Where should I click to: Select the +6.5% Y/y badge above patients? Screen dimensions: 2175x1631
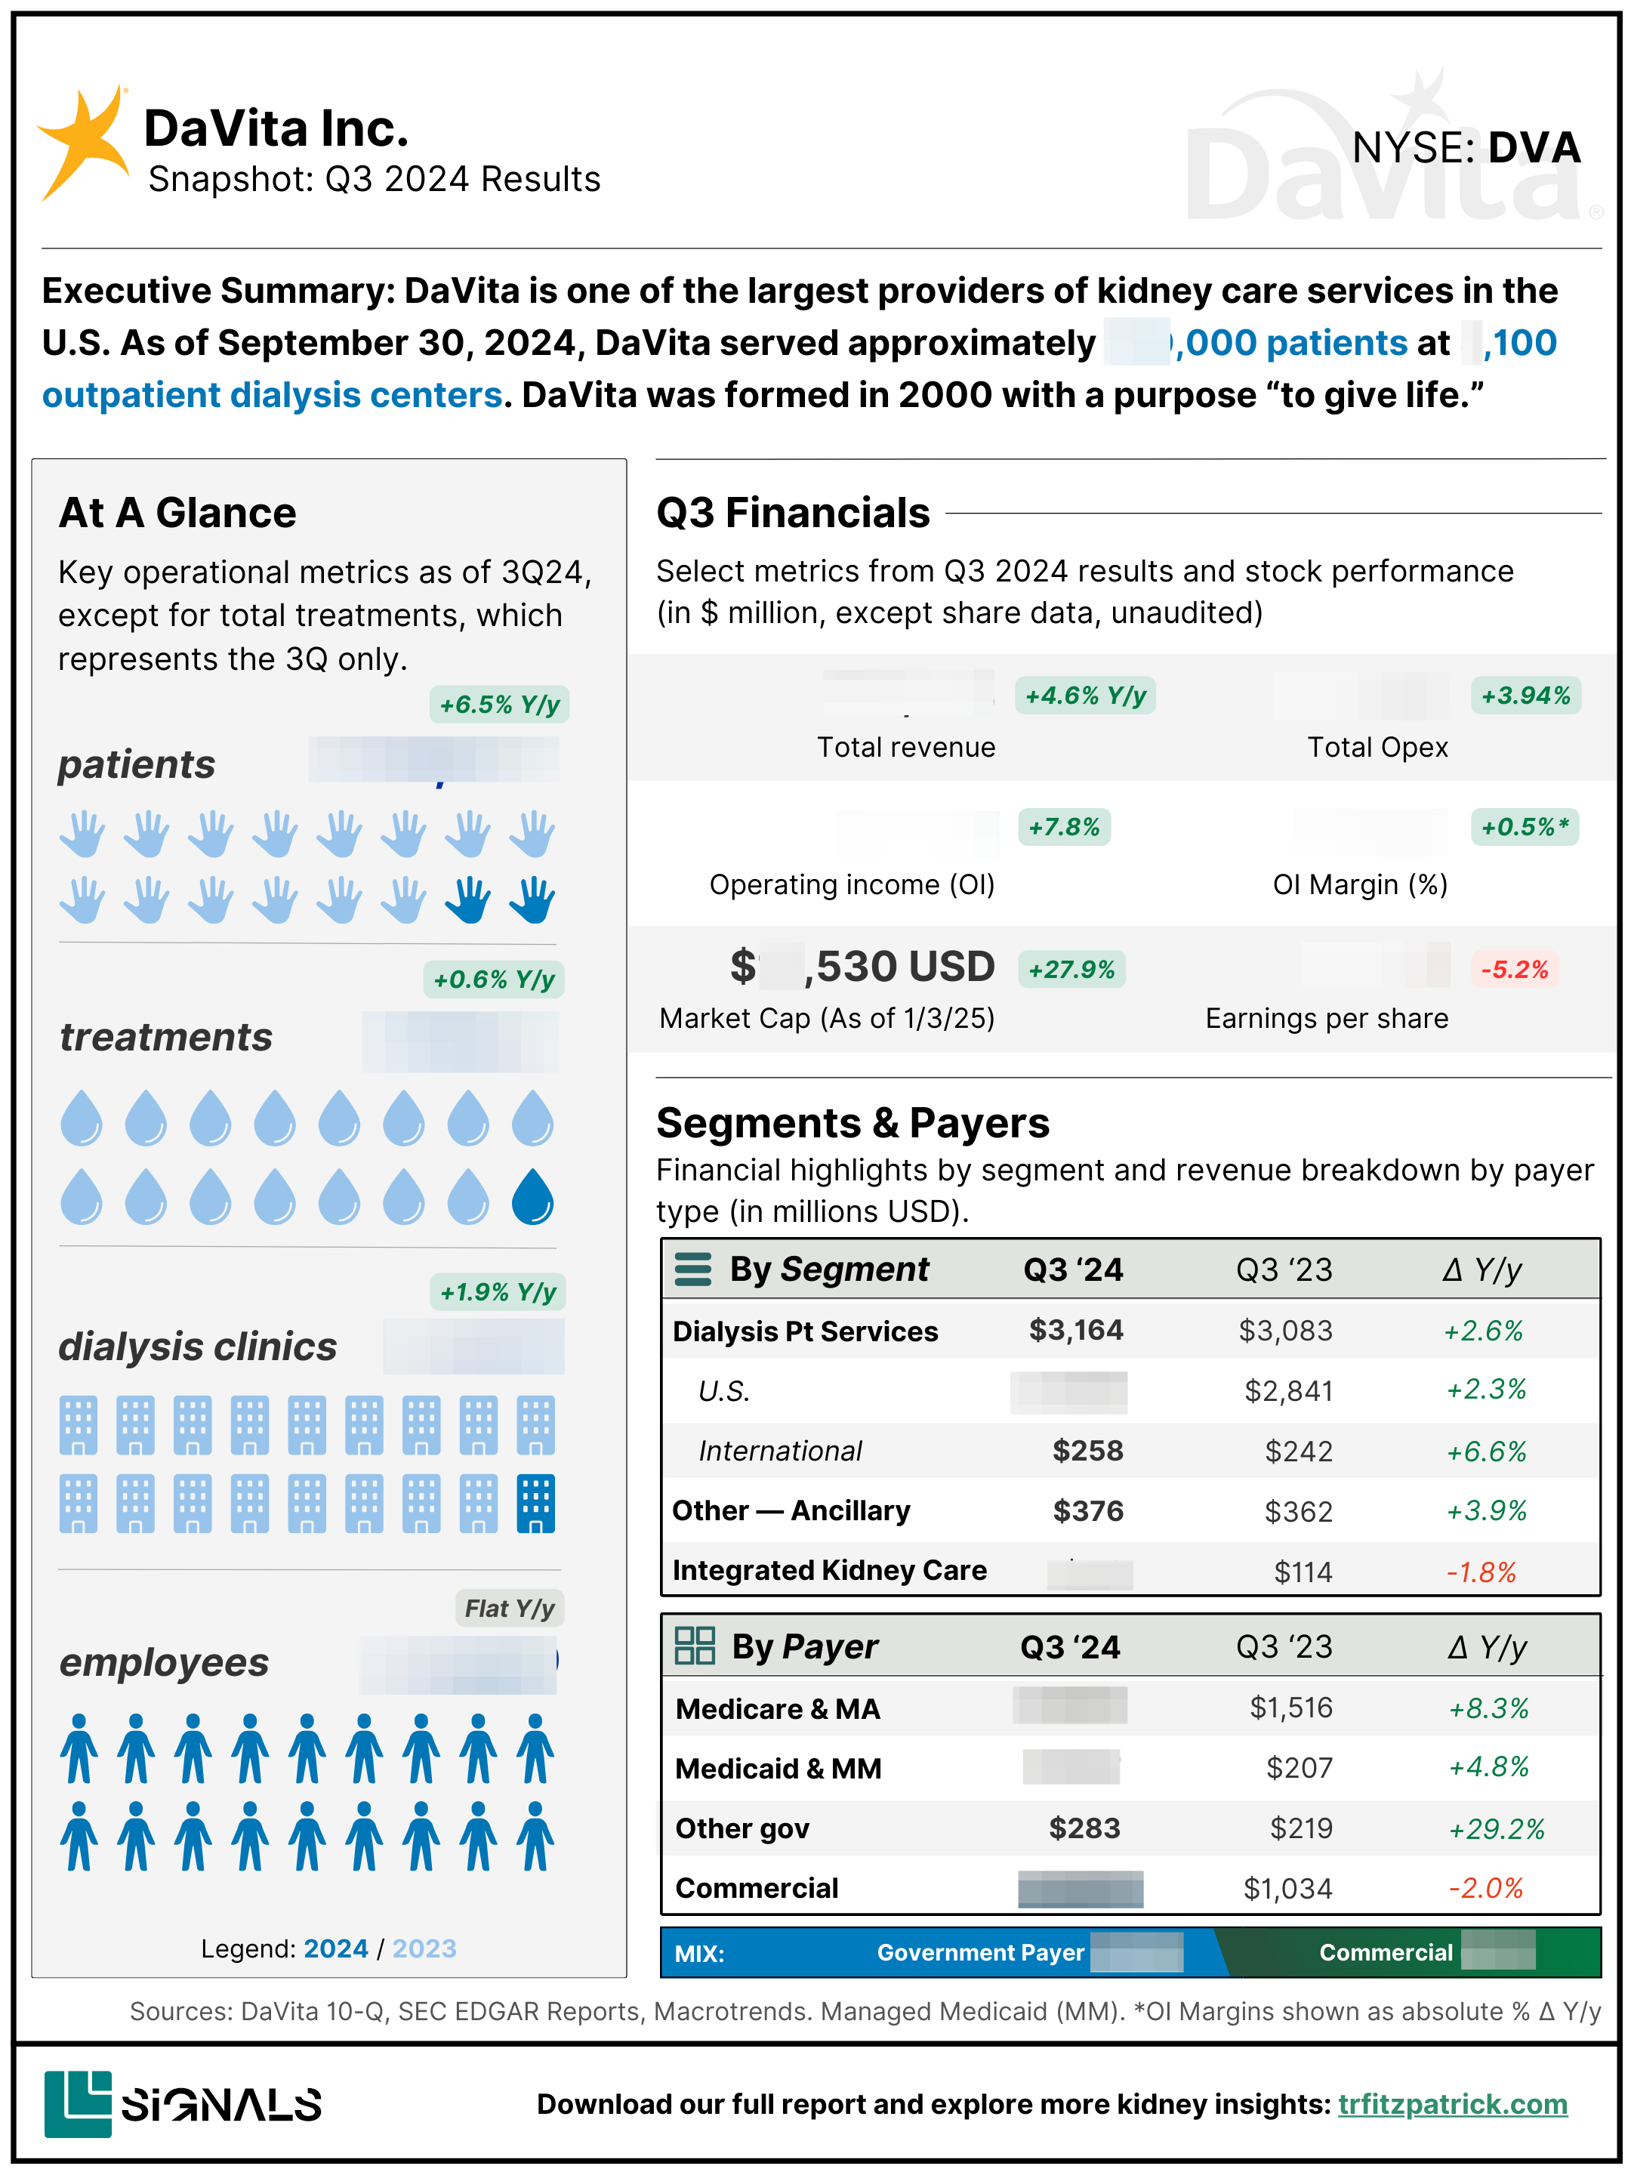(x=499, y=704)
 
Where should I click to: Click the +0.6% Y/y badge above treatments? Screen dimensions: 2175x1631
(x=494, y=980)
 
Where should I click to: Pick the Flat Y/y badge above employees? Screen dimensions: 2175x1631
(x=509, y=1609)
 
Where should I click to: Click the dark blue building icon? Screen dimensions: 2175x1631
(x=536, y=1504)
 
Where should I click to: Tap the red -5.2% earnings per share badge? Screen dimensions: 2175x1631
(x=1514, y=970)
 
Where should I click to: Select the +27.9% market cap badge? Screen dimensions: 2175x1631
(x=1071, y=970)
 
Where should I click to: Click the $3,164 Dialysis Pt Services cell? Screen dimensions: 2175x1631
(x=1075, y=1331)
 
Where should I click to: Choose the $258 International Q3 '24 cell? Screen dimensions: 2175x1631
(x=1087, y=1450)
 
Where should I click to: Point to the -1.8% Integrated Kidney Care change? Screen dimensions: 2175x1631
(x=1481, y=1572)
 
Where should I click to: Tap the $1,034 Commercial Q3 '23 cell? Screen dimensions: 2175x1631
(x=1288, y=1889)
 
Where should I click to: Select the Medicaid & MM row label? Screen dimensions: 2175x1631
(x=779, y=1769)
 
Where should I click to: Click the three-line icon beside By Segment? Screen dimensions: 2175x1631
(x=693, y=1270)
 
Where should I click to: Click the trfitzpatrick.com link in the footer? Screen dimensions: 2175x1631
(x=1452, y=2104)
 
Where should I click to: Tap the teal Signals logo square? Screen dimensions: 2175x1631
(x=78, y=2103)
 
